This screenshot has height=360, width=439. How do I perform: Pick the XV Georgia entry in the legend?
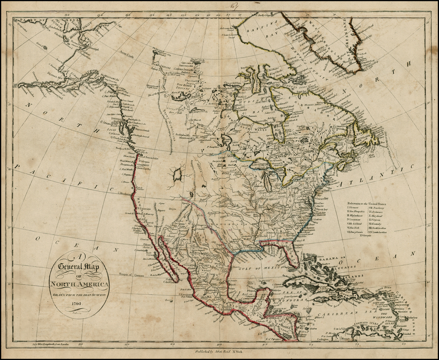coord(367,236)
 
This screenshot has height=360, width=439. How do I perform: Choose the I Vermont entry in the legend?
coord(354,208)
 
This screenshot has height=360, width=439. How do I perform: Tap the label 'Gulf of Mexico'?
coord(257,268)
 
